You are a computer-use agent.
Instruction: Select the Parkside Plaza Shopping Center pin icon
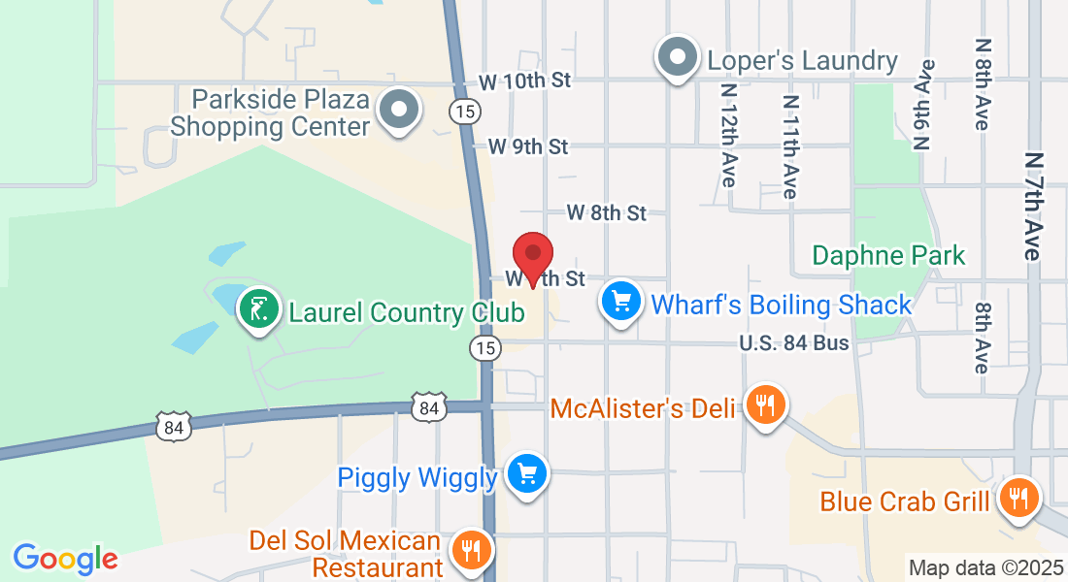pos(398,109)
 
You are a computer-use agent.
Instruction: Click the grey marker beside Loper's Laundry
pos(678,58)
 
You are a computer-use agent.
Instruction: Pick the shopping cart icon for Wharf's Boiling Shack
pos(621,303)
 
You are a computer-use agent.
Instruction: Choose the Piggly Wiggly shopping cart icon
pos(527,474)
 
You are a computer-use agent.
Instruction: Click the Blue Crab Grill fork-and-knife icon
pos(1018,500)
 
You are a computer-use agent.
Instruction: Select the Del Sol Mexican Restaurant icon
pos(471,551)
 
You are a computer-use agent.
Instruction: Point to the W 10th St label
pos(525,81)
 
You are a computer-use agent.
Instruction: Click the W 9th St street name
pos(527,146)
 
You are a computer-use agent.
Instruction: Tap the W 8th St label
pos(607,212)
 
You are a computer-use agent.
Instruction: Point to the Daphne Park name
pos(888,255)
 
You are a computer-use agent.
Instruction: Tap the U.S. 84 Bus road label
pos(793,342)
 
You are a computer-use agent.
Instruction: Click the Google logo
pos(65,559)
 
